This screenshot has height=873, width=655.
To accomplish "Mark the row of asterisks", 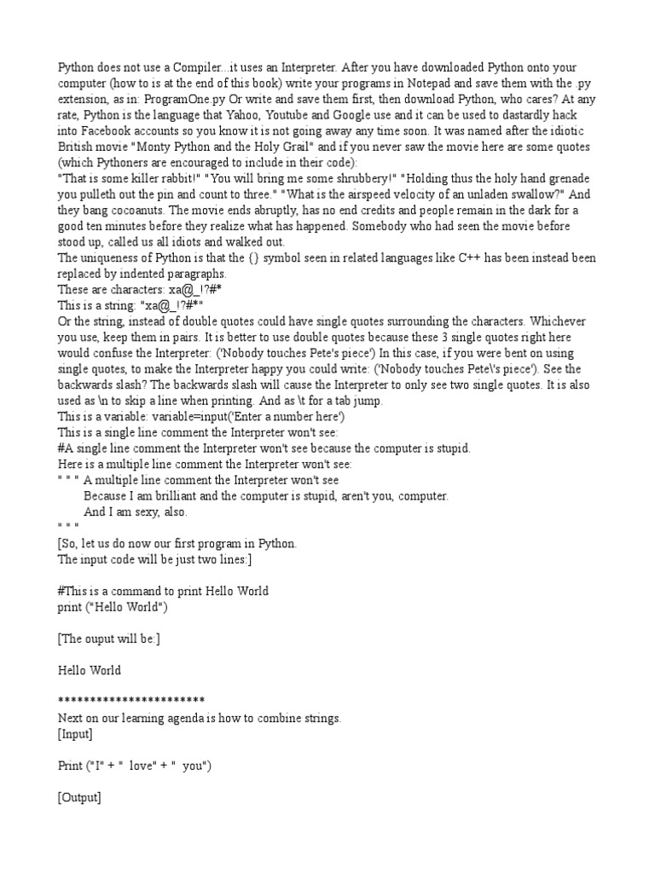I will [x=130, y=701].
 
